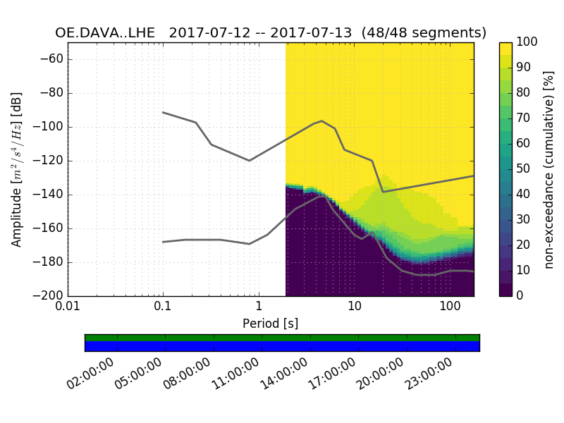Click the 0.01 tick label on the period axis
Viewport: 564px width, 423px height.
pos(68,308)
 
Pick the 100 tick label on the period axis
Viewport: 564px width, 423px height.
pos(450,308)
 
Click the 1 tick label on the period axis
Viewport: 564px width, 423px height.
pos(259,308)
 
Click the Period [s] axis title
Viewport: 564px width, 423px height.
pos(270,324)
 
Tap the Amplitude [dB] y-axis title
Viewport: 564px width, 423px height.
pos(17,169)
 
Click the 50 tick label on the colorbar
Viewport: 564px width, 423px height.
pos(526,169)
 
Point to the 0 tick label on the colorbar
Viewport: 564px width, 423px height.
pos(521,295)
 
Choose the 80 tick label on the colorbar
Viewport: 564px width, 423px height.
pos(526,93)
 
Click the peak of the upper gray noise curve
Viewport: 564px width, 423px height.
pos(321,121)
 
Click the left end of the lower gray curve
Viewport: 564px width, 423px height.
pos(163,242)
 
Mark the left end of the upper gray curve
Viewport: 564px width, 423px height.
pos(163,112)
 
